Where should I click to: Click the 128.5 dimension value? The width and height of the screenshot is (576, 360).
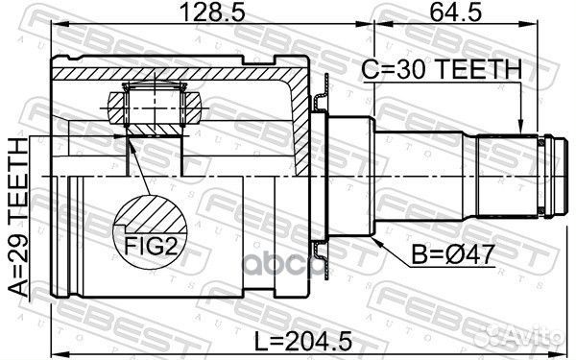pyautogui.click(x=213, y=13)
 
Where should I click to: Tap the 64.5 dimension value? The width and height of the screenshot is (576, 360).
pyautogui.click(x=455, y=13)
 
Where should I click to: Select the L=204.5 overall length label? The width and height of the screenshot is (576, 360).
pyautogui.click(x=303, y=341)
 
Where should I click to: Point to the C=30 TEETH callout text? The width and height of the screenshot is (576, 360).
pyautogui.click(x=442, y=69)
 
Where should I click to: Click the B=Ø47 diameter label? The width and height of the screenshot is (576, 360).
pyautogui.click(x=452, y=255)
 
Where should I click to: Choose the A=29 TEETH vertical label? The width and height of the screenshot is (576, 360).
pyautogui.click(x=18, y=217)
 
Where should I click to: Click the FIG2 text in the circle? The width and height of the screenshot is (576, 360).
pyautogui.click(x=152, y=246)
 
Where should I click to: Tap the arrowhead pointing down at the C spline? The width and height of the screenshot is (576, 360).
pyautogui.click(x=520, y=126)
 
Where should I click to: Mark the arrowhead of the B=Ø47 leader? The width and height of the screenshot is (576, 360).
pyautogui.click(x=376, y=241)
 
